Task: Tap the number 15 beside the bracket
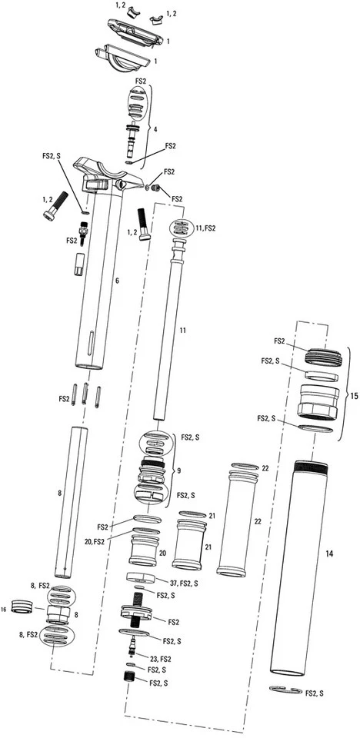[353, 396]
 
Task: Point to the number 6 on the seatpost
[117, 281]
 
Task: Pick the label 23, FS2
[160, 659]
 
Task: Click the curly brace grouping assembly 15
[342, 396]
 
